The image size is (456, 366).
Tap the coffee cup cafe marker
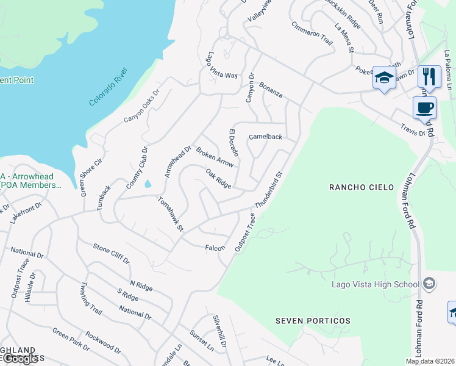[x=424, y=109]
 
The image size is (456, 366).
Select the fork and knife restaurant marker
[x=430, y=77]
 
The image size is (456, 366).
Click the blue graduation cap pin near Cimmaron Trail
[x=384, y=78]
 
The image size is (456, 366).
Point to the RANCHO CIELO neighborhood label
[x=357, y=187]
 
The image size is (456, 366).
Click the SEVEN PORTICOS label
[x=313, y=321]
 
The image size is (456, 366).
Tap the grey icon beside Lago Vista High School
[x=429, y=284]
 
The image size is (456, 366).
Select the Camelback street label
[x=265, y=137]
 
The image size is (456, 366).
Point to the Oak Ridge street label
[x=218, y=179]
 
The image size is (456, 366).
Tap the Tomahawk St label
[x=171, y=213]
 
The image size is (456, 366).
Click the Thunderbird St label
[x=269, y=190]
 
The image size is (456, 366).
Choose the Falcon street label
[x=215, y=248]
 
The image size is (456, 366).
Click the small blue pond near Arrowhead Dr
[x=148, y=184]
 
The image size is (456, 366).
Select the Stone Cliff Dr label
[x=111, y=253]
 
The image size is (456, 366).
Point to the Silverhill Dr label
[x=219, y=331]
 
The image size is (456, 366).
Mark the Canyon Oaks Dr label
[x=141, y=105]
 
